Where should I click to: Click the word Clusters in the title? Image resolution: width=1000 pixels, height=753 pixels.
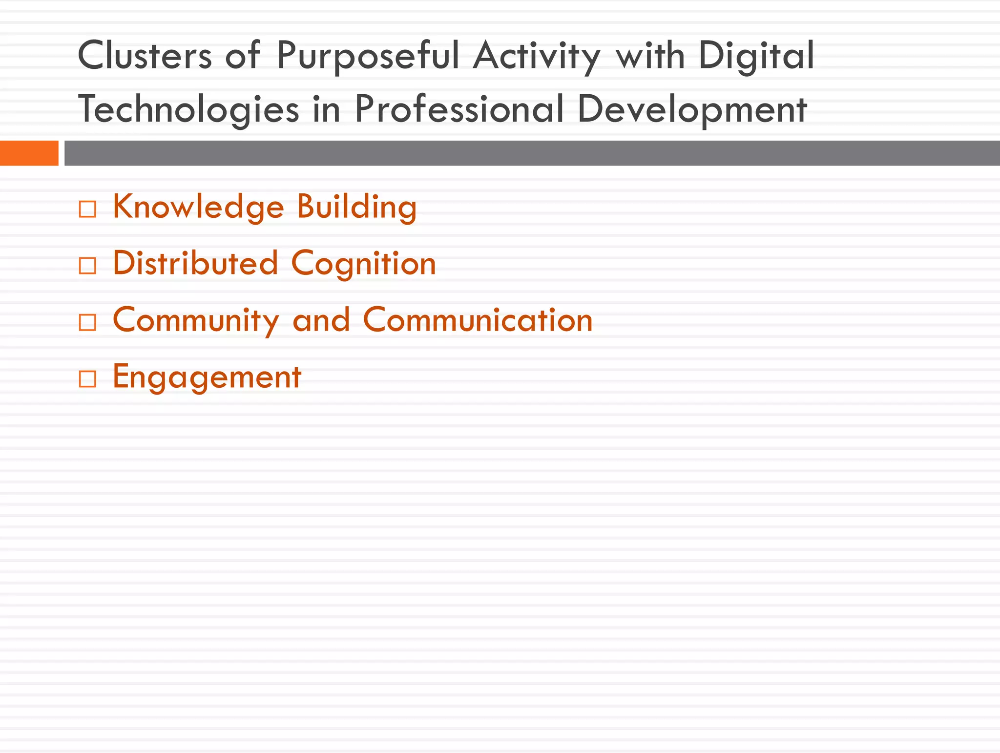coord(145,55)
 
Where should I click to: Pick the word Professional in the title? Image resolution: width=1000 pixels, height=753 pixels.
coord(459,108)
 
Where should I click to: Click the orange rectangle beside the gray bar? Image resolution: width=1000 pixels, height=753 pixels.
coord(29,153)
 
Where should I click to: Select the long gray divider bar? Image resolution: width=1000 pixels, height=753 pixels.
coord(532,153)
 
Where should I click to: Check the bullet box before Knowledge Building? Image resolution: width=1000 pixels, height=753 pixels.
coord(87,209)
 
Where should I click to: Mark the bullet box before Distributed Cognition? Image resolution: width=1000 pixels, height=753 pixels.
coord(87,266)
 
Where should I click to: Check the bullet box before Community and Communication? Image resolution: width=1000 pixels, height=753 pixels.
coord(87,323)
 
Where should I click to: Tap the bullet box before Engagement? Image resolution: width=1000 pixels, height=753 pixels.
coord(87,379)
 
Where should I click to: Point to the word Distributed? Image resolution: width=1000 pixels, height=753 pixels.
coord(195,263)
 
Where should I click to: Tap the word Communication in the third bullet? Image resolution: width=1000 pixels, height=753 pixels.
coord(478,320)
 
